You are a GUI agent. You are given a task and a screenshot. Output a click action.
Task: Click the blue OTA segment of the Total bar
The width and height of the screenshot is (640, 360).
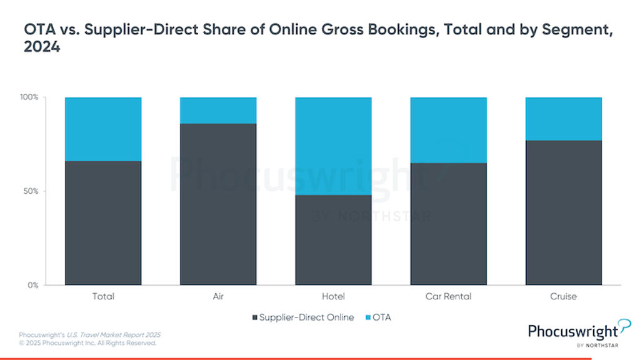[x=103, y=129]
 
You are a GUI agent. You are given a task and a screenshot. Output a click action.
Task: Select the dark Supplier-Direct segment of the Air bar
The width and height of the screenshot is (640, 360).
[x=218, y=204]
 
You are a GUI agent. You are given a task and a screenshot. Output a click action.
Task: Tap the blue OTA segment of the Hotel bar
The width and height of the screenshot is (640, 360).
[x=333, y=146]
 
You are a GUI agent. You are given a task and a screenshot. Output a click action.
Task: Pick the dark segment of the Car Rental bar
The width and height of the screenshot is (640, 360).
[x=448, y=224]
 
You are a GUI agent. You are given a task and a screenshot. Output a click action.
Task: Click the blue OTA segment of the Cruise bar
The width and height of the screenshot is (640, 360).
[x=563, y=119]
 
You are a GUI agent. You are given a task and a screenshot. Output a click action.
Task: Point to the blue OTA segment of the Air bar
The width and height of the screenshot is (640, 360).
[x=218, y=110]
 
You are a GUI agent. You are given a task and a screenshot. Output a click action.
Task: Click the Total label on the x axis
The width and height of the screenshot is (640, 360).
[x=103, y=296]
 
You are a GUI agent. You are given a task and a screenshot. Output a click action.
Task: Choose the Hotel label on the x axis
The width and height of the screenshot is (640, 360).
[x=333, y=296]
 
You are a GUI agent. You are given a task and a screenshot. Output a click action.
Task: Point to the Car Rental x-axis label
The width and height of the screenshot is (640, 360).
[x=448, y=296]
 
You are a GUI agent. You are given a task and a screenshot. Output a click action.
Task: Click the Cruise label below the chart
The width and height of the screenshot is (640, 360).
[x=563, y=296]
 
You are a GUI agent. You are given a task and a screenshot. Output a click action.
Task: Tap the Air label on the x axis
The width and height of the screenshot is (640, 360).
[x=218, y=296]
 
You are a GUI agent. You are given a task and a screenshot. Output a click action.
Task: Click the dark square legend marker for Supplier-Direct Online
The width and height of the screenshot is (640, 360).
[x=255, y=317]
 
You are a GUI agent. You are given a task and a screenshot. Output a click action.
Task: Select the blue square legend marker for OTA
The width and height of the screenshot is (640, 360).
[x=367, y=317]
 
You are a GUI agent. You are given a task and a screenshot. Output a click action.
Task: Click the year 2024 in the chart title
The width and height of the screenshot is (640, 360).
[x=41, y=47]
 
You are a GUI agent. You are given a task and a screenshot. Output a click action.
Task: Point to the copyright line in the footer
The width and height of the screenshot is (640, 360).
[x=87, y=343]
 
